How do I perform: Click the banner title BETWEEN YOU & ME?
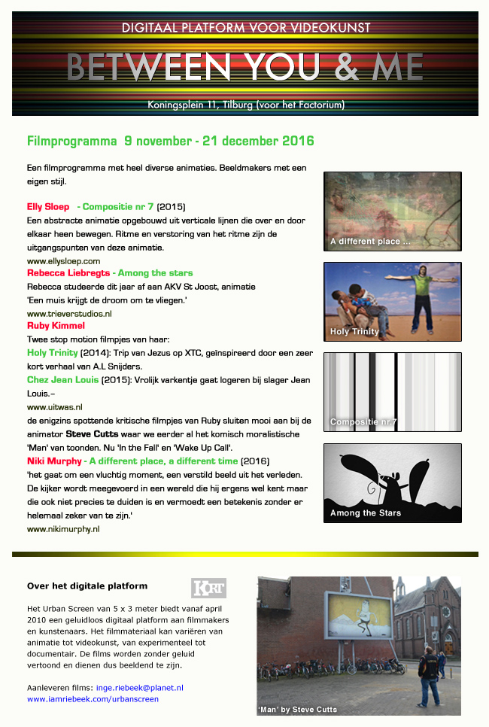tap(244, 66)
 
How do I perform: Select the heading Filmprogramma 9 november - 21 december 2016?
tap(170, 141)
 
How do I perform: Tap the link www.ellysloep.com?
tap(63, 260)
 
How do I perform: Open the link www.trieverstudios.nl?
tap(69, 313)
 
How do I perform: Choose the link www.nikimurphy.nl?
tap(63, 529)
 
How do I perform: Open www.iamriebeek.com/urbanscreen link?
tap(93, 699)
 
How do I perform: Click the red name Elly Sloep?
tap(48, 206)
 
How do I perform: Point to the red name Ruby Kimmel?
tap(56, 326)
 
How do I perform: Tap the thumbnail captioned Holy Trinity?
tap(392, 301)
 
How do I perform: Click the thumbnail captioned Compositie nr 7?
tap(392, 391)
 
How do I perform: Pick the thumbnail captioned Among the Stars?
tap(392, 482)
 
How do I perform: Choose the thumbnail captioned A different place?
tap(392, 211)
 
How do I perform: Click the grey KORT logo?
tap(209, 588)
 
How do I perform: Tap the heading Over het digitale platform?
tap(87, 586)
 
